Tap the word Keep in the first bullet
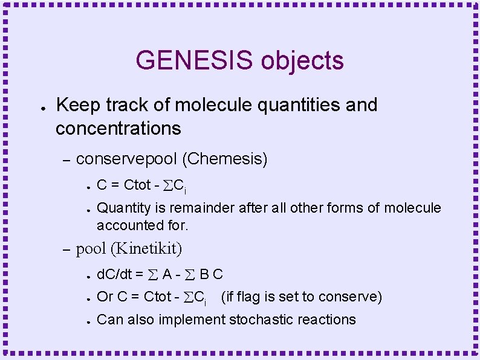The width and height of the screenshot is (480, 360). (x=77, y=105)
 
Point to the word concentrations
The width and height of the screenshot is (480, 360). (x=118, y=128)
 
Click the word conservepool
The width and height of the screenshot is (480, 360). (x=126, y=159)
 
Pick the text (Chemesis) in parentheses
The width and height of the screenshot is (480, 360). (x=224, y=159)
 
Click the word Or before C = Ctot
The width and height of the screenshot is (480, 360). (x=105, y=297)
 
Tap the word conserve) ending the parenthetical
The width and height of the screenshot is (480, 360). (x=356, y=297)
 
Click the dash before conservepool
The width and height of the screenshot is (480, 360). (x=67, y=160)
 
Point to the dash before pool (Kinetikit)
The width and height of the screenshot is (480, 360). (x=67, y=249)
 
